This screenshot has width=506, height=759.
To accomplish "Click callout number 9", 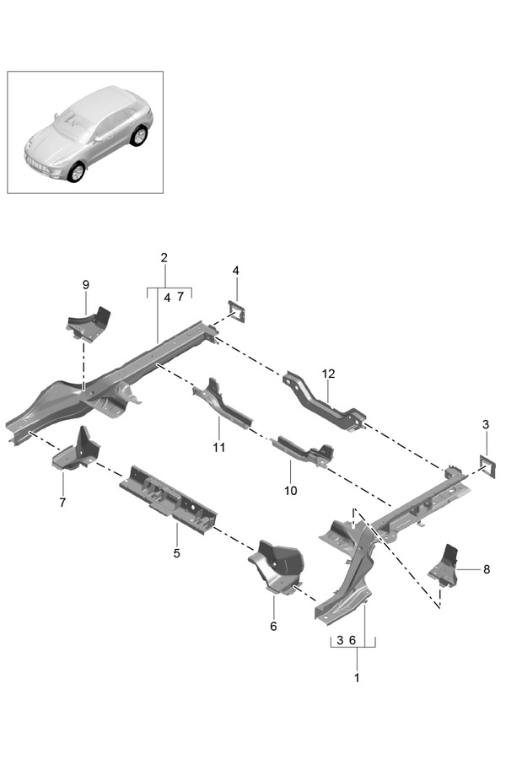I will (x=85, y=285).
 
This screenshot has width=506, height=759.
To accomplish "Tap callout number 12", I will (x=327, y=374).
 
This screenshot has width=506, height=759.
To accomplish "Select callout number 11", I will (x=219, y=448).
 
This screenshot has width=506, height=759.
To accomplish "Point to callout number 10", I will (x=291, y=490).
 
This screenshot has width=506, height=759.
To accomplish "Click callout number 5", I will (x=177, y=553).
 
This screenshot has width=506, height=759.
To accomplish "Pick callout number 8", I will (x=487, y=569).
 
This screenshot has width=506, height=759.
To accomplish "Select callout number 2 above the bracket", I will (x=164, y=257).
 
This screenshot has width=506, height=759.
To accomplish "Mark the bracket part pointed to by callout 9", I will (x=89, y=322).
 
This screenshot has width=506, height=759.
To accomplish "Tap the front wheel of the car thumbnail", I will (x=76, y=172).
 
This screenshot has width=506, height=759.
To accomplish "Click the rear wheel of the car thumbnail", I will (x=137, y=135).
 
